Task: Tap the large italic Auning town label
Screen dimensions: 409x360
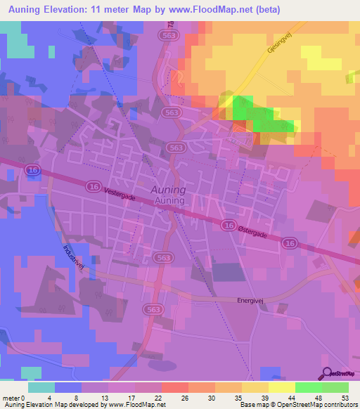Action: [169, 190]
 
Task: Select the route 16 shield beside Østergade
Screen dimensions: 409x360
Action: [227, 225]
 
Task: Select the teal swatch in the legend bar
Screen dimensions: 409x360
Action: [41, 387]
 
